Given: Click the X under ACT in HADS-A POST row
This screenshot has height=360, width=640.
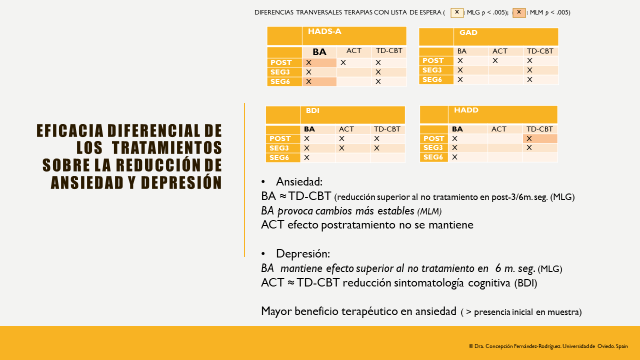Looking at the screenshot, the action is [x=344, y=62].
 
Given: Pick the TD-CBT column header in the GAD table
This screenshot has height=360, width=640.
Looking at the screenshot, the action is [x=541, y=50].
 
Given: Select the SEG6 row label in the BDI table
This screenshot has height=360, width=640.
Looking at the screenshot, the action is [x=280, y=157].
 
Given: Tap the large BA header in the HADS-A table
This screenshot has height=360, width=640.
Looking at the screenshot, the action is [x=319, y=51].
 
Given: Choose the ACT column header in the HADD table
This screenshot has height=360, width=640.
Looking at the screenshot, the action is [x=499, y=129].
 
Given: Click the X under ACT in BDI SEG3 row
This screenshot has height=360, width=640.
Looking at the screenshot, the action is [x=343, y=147].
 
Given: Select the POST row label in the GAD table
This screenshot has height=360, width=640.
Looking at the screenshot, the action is [x=433, y=61].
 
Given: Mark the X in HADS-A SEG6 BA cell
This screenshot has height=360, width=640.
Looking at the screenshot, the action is [x=309, y=82].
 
